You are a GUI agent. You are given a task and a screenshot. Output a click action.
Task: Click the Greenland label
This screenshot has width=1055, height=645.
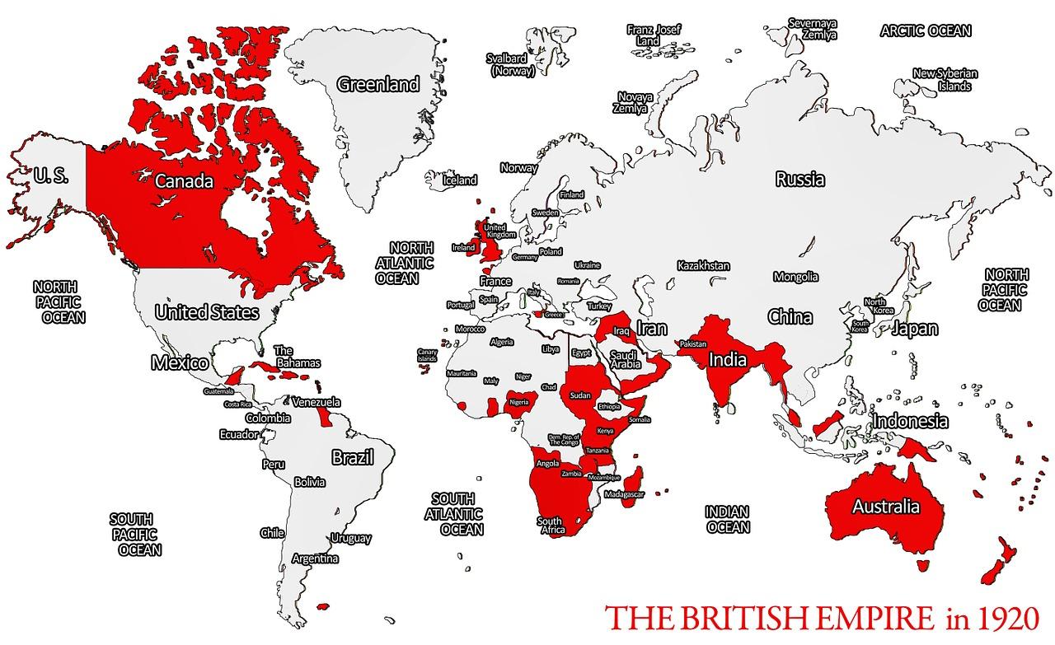click(x=378, y=84)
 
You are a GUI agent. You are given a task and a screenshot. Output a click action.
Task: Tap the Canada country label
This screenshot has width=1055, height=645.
click(x=185, y=180)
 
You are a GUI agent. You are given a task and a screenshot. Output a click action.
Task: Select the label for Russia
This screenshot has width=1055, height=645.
click(x=800, y=179)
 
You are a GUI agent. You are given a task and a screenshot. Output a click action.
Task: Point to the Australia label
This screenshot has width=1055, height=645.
click(x=886, y=506)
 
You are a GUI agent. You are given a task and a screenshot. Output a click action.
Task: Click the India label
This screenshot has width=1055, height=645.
click(x=728, y=359)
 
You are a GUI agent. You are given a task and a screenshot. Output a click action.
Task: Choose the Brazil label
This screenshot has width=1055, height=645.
click(x=353, y=457)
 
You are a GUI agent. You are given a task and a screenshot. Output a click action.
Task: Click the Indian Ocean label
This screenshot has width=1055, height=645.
click(x=728, y=520)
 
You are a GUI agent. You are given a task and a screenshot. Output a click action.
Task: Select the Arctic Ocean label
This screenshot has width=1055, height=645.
click(x=926, y=31)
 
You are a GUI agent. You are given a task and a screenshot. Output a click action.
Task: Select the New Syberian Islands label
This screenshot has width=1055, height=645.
click(x=945, y=79)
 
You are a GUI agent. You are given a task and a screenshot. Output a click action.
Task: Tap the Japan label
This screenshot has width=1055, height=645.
click(x=915, y=329)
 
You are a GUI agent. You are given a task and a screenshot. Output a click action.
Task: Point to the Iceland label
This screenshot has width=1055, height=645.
click(x=460, y=180)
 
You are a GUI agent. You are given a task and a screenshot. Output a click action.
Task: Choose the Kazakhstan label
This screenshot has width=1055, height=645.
click(x=703, y=266)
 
